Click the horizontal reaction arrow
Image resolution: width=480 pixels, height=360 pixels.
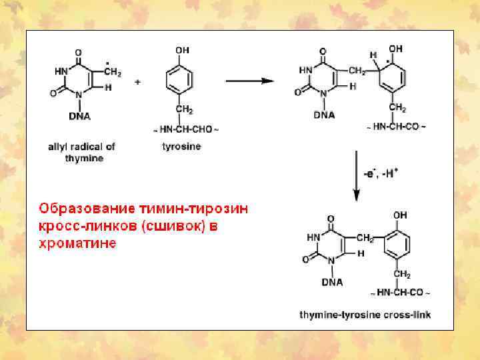click(249, 81)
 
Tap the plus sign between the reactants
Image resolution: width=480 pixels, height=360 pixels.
click(137, 82)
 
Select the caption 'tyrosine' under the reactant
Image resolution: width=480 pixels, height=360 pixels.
click(181, 146)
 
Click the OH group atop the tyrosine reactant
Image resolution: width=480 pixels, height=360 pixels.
click(182, 50)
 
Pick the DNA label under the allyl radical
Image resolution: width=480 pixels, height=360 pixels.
click(79, 115)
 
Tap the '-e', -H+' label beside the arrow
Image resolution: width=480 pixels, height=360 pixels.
click(381, 173)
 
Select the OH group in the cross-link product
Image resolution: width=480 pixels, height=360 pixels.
click(399, 215)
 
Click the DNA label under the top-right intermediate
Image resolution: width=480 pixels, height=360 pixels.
click(324, 114)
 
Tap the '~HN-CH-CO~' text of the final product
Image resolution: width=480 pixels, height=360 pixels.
click(400, 293)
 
